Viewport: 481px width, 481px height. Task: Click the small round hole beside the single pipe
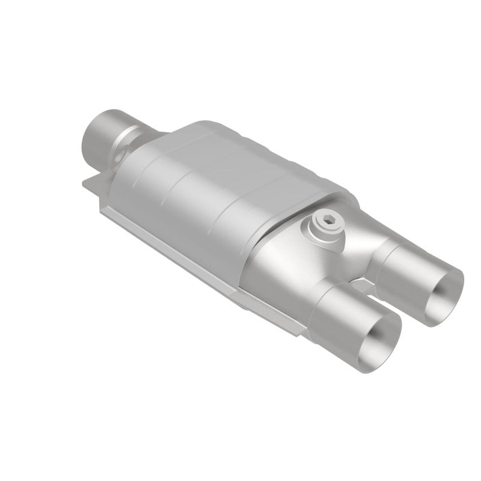pyautogui.click(x=121, y=155)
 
